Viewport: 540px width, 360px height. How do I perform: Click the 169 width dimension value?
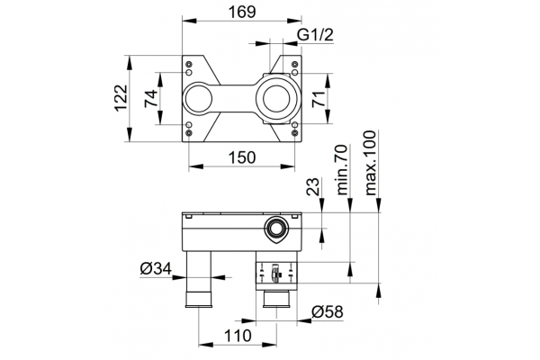pyautogui.click(x=242, y=12)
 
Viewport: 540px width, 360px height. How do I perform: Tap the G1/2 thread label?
pyautogui.click(x=316, y=35)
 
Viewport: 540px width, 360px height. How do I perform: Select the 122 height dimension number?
pyautogui.click(x=121, y=98)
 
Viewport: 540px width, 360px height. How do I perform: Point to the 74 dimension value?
pyautogui.click(x=151, y=98)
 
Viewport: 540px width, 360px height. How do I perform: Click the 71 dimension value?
pyautogui.click(x=319, y=99)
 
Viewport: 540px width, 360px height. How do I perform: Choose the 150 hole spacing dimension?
pyautogui.click(x=242, y=157)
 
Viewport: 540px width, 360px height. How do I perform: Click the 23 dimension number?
pyautogui.click(x=313, y=187)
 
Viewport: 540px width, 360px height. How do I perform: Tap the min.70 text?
pyautogui.click(x=342, y=169)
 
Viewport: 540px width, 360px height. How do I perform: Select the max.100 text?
pyautogui.click(x=371, y=163)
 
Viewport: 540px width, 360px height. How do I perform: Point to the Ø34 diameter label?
pyautogui.click(x=156, y=268)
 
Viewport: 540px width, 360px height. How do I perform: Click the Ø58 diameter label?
pyautogui.click(x=328, y=311)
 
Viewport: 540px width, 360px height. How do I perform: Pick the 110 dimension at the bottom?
pyautogui.click(x=238, y=336)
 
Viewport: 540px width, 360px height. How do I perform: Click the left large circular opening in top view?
pyautogui.click(x=199, y=98)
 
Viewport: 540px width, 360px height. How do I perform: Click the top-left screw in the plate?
pyautogui.click(x=189, y=64)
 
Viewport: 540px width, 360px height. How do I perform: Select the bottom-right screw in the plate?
pyautogui.click(x=294, y=132)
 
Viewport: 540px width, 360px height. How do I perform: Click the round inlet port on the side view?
pyautogui.click(x=275, y=228)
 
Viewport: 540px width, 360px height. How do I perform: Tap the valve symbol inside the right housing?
pyautogui.click(x=275, y=273)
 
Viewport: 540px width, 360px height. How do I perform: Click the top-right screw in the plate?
pyautogui.click(x=294, y=64)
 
